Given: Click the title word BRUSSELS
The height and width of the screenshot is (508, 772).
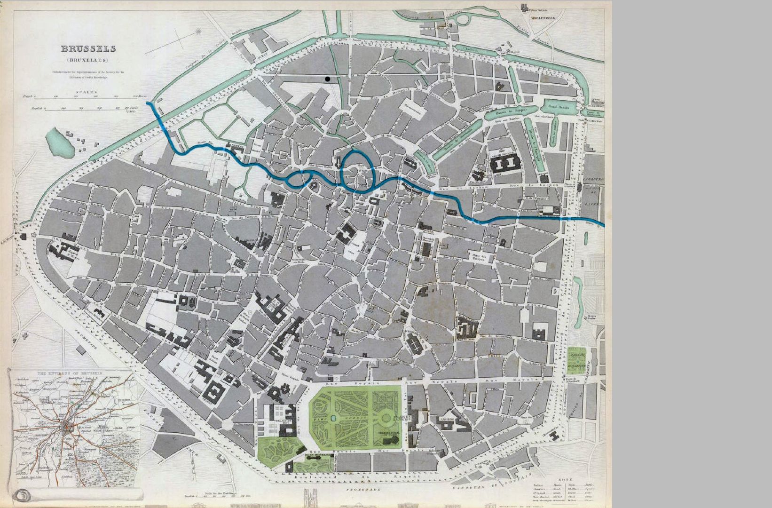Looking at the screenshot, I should [x=88, y=48].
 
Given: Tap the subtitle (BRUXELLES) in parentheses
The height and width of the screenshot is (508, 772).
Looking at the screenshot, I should [x=87, y=60].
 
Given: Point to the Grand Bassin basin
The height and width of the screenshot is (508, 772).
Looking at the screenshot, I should [x=560, y=107].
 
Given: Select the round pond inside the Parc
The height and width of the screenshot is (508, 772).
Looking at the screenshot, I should [x=333, y=418].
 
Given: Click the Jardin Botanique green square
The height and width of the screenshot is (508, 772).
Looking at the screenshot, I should [x=577, y=359].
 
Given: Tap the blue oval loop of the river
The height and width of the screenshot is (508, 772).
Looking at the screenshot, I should [x=357, y=172].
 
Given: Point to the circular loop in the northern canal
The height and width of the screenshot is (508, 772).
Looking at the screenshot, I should [x=464, y=20].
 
